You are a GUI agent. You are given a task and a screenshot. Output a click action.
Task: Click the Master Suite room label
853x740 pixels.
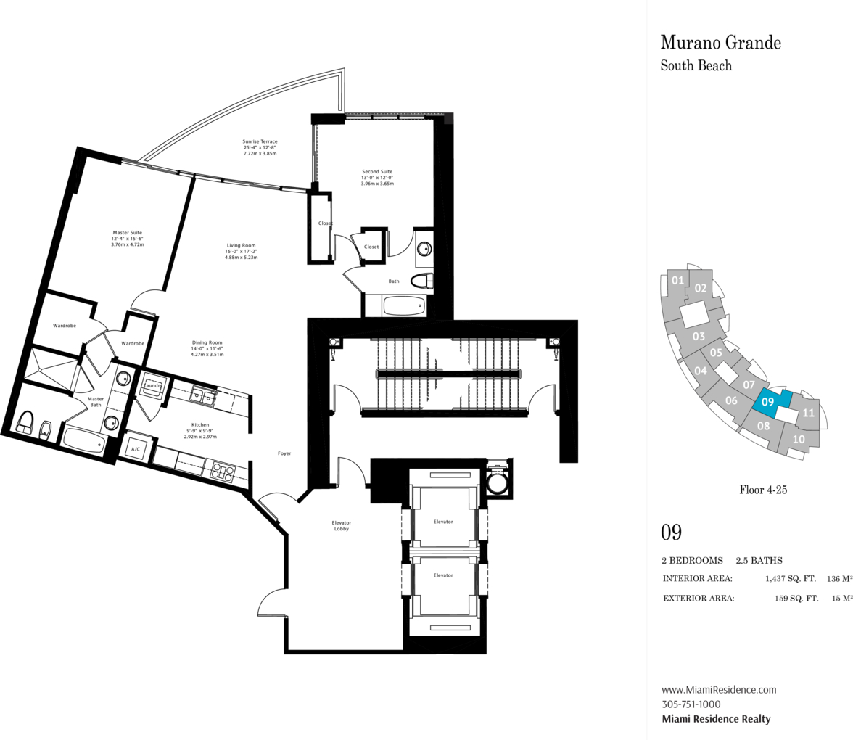tap(128, 238)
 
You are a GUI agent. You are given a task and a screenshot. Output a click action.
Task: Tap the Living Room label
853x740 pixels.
tap(241, 251)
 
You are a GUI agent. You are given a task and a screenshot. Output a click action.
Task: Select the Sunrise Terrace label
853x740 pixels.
tap(260, 147)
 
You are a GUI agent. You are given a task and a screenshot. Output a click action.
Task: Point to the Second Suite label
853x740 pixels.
tap(377, 177)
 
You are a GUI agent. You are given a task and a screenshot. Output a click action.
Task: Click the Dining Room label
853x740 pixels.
tap(207, 348)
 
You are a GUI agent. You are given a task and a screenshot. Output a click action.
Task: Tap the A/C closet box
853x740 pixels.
tap(136, 448)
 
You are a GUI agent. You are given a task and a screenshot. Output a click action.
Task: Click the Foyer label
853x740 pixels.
tap(284, 453)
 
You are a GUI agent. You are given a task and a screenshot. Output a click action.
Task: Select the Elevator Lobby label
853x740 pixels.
tap(341, 525)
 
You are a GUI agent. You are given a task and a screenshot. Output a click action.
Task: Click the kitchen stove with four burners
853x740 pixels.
tap(223, 471)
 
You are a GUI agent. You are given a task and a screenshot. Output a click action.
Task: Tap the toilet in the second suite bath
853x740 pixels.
tap(421, 281)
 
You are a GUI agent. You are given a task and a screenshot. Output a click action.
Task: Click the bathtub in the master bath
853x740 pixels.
tap(84, 440)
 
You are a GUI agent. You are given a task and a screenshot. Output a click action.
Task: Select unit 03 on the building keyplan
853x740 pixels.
tap(699, 337)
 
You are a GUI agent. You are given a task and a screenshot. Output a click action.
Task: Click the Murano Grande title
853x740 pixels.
tap(721, 42)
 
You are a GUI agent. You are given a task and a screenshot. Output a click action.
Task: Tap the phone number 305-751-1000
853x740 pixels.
tap(691, 704)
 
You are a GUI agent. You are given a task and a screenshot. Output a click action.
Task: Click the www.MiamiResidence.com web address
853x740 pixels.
tap(720, 689)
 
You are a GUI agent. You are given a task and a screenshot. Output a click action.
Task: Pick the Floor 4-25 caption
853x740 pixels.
tap(763, 490)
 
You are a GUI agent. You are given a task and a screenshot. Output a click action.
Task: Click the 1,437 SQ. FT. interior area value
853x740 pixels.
tap(791, 578)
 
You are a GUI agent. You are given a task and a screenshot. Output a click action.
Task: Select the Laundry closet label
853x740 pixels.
tap(152, 385)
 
